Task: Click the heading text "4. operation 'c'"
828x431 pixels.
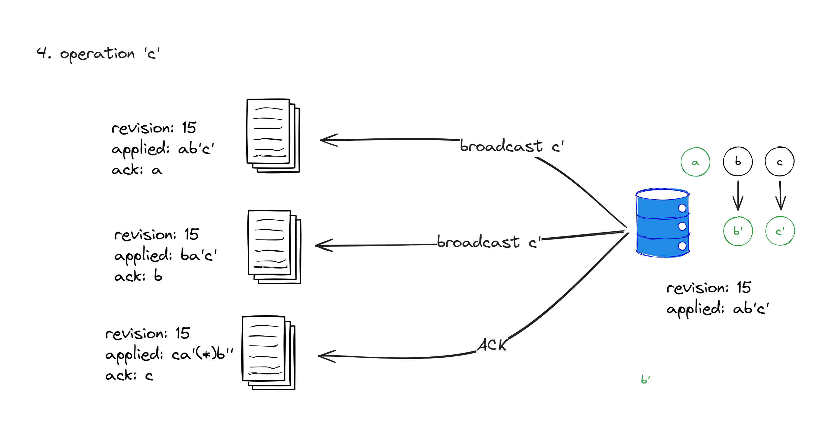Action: click(x=98, y=53)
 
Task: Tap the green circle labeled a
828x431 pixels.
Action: click(x=695, y=162)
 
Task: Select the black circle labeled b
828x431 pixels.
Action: click(x=737, y=161)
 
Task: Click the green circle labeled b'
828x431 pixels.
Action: click(x=738, y=231)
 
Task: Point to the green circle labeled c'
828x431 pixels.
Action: click(x=780, y=231)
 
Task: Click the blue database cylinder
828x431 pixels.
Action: click(x=662, y=223)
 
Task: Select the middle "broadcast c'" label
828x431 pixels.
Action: click(x=489, y=242)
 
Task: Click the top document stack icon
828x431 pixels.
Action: click(x=273, y=136)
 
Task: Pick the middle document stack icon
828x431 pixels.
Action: click(x=274, y=247)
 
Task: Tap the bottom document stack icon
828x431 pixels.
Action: click(x=268, y=353)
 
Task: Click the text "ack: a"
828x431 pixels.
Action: click(x=137, y=170)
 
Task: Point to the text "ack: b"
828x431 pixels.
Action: click(x=138, y=276)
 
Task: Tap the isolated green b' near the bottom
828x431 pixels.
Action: click(x=645, y=380)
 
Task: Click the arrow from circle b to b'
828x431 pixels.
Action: click(x=738, y=195)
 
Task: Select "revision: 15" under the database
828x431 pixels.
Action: click(x=708, y=288)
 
